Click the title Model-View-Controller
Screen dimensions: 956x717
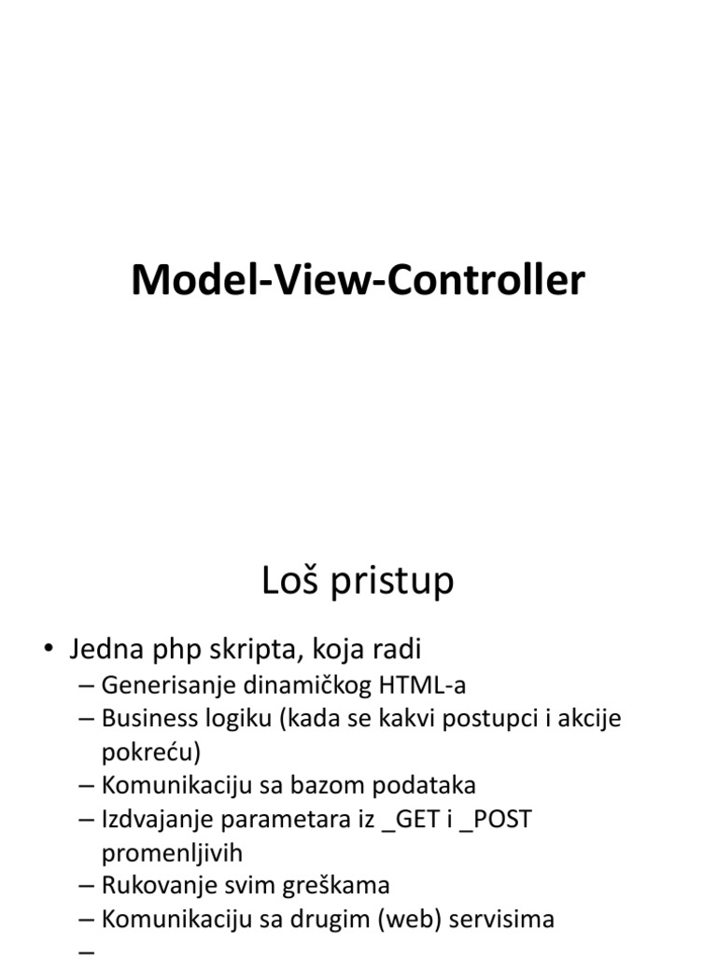[x=358, y=280]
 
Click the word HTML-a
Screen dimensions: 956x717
[x=421, y=686]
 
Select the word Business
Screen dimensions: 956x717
[x=146, y=720]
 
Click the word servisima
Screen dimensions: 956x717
[x=501, y=920]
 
